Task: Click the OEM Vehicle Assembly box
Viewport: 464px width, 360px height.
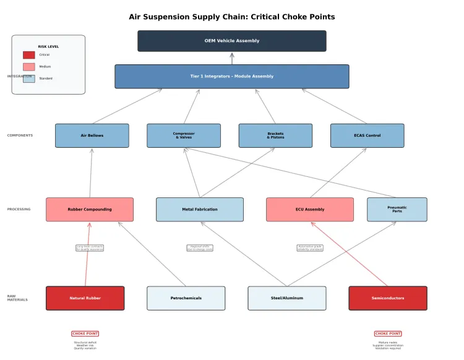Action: pos(232,41)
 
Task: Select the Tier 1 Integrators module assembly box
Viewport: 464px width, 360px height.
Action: pos(232,76)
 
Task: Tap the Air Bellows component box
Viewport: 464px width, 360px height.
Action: pos(92,135)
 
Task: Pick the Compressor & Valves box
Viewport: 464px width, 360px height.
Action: pos(184,135)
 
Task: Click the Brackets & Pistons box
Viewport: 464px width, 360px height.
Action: pos(275,135)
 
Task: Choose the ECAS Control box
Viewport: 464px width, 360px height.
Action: pos(367,135)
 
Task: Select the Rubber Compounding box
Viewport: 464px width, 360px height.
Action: pos(90,209)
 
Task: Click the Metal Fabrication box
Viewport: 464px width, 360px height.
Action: pos(200,209)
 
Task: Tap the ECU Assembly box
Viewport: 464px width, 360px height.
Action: pos(310,209)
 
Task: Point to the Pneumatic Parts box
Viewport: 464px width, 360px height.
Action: pos(397,209)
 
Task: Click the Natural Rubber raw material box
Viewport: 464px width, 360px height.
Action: pos(85,298)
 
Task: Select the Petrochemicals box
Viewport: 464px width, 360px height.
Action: pos(186,298)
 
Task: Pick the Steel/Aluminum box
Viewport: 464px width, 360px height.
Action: pos(287,298)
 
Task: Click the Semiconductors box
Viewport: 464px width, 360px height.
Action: pos(388,298)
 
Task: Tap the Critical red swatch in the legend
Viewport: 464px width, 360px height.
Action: pos(29,55)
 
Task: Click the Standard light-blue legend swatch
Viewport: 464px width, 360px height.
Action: pos(29,79)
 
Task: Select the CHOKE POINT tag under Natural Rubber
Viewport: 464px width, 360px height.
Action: pos(85,333)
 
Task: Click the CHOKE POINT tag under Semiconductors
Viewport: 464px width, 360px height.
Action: pos(388,333)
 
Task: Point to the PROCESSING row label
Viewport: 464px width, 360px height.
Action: pos(19,209)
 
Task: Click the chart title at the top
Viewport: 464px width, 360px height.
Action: pos(232,17)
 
